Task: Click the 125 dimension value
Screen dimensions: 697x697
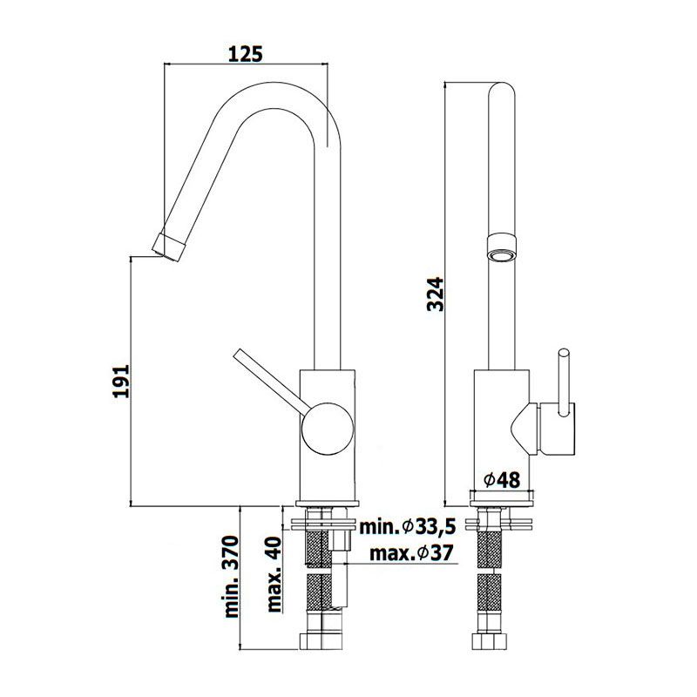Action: pyautogui.click(x=246, y=53)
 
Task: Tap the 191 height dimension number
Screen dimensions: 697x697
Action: pyautogui.click(x=120, y=382)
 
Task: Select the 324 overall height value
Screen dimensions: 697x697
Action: pyautogui.click(x=435, y=294)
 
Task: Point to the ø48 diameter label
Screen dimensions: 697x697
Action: pyautogui.click(x=502, y=480)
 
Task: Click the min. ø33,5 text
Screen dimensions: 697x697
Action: pyautogui.click(x=408, y=527)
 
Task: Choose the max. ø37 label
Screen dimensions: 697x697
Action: pyautogui.click(x=411, y=553)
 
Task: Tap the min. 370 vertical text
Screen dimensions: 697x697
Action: pyautogui.click(x=232, y=577)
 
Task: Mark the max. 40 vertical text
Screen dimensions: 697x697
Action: pyautogui.click(x=274, y=574)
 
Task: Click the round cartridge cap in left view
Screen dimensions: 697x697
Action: pyautogui.click(x=328, y=429)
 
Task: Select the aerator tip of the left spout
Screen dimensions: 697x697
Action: pyautogui.click(x=168, y=247)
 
